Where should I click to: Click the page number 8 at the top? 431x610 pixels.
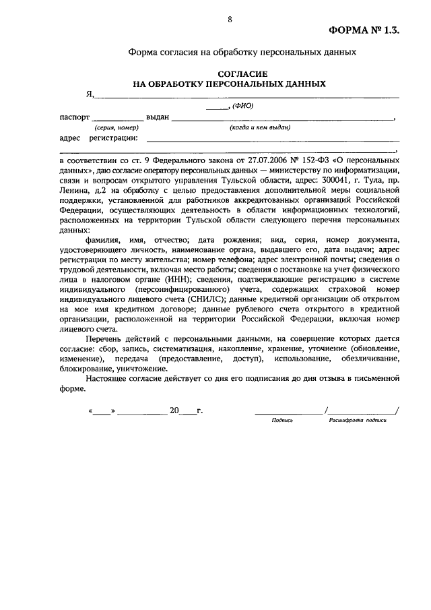tap(229, 20)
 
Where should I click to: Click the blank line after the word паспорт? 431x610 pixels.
tap(117, 119)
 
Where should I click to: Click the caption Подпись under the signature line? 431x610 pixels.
tap(282, 419)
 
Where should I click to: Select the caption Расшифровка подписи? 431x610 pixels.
tap(358, 419)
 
